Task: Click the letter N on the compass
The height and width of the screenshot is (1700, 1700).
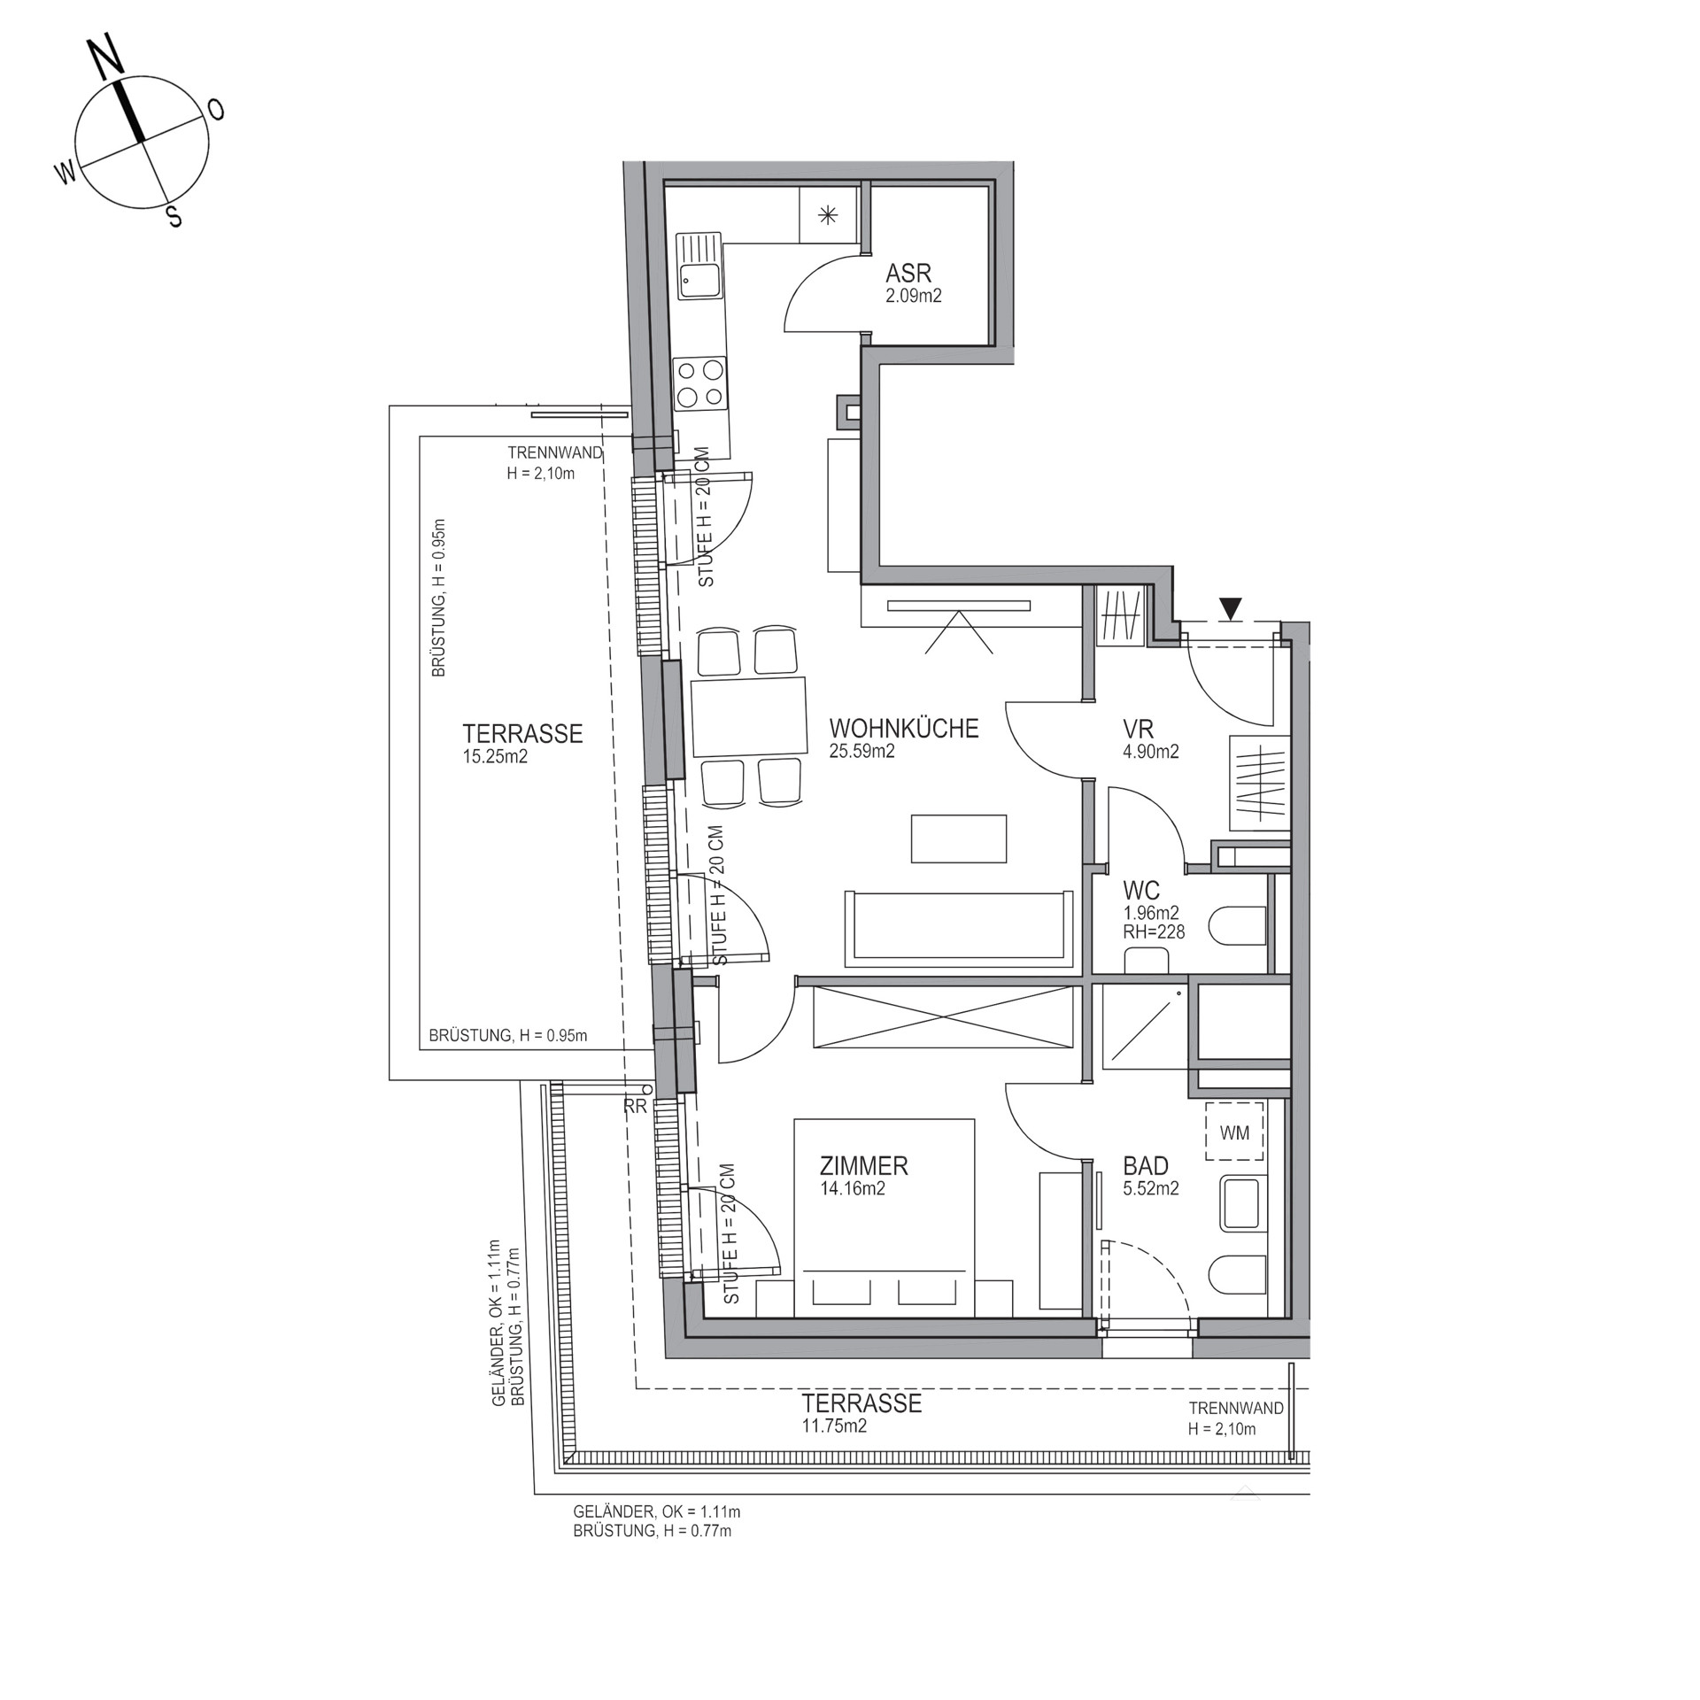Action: click(107, 58)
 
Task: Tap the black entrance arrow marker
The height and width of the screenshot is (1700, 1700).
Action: click(1230, 609)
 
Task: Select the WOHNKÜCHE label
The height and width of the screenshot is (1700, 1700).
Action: click(904, 729)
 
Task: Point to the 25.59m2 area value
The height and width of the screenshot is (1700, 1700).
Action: click(862, 752)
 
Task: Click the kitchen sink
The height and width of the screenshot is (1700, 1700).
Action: click(699, 266)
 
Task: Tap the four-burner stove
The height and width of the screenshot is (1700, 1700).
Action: click(700, 383)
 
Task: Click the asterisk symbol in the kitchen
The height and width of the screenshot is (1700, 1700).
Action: click(828, 214)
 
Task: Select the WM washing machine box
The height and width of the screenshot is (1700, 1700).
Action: click(1234, 1132)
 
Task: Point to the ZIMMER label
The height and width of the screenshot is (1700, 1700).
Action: click(863, 1166)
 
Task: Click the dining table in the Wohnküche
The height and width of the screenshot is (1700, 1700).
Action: click(748, 715)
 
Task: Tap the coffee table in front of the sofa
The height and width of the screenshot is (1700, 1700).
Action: click(959, 838)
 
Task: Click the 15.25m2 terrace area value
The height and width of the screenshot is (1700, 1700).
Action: click(495, 756)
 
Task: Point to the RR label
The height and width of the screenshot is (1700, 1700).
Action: click(635, 1107)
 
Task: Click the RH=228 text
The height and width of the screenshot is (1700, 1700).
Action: click(1154, 931)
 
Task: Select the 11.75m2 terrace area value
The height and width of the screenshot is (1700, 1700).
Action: click(833, 1426)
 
